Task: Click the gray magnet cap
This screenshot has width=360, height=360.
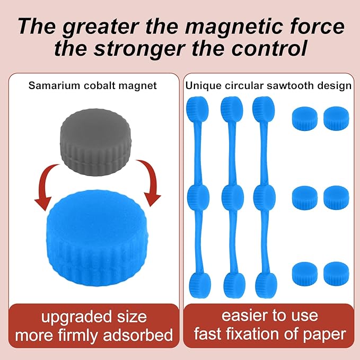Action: [x=96, y=143]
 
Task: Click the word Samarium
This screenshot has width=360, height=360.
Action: [x=54, y=86]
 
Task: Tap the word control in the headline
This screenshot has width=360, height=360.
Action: [x=269, y=48]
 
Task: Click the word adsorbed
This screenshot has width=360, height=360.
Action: [x=138, y=335]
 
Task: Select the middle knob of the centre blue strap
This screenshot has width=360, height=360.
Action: [x=233, y=197]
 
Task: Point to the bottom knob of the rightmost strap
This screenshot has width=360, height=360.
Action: [x=266, y=285]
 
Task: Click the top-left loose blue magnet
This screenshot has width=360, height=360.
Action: [x=305, y=118]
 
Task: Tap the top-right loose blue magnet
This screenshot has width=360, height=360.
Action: [x=336, y=118]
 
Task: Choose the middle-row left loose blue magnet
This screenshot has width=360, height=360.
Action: [x=305, y=198]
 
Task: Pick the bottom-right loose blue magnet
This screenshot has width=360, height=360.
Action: [x=336, y=274]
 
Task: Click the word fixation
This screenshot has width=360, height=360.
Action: [x=254, y=334]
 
